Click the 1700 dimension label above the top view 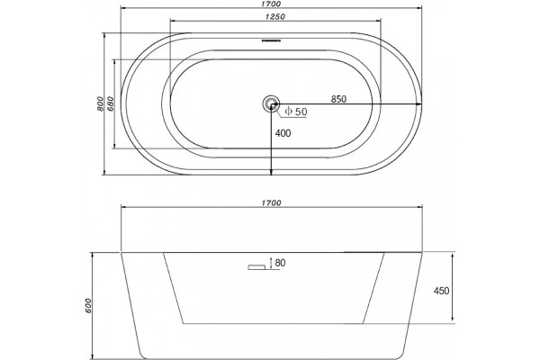pyautogui.click(x=271, y=4)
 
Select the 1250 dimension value pyautogui.click(x=275, y=16)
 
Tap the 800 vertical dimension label pyautogui.click(x=100, y=103)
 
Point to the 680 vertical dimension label pyautogui.click(x=111, y=103)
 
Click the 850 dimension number pyautogui.click(x=338, y=99)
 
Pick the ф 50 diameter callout pyautogui.click(x=296, y=112)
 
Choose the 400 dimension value pyautogui.click(x=283, y=133)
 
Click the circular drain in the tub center pyautogui.click(x=271, y=103)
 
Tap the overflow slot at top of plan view pyautogui.click(x=272, y=40)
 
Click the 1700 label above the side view pyautogui.click(x=271, y=202)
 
